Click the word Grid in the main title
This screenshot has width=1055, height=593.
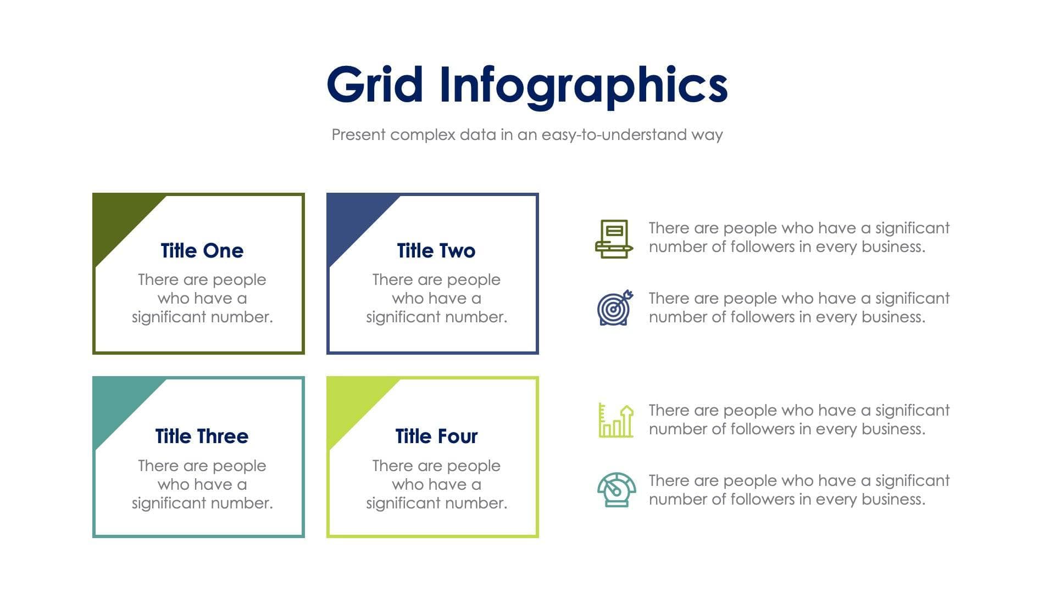[x=375, y=85]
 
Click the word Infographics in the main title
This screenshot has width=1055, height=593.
[x=584, y=86]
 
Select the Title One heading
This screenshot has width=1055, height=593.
[x=202, y=251]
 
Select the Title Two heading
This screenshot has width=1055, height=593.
[x=436, y=251]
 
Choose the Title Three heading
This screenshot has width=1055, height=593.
[x=202, y=437]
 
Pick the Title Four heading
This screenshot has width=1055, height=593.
[x=436, y=437]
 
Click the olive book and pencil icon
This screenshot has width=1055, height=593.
[x=614, y=239]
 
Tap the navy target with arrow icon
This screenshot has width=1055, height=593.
[x=615, y=308]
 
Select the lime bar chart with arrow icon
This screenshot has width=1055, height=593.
[x=615, y=421]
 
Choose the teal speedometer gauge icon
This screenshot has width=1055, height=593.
[x=617, y=489]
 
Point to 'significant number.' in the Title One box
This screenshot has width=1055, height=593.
[x=202, y=317]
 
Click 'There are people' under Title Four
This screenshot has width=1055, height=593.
[x=436, y=466]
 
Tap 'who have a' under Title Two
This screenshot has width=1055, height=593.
[x=436, y=299]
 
